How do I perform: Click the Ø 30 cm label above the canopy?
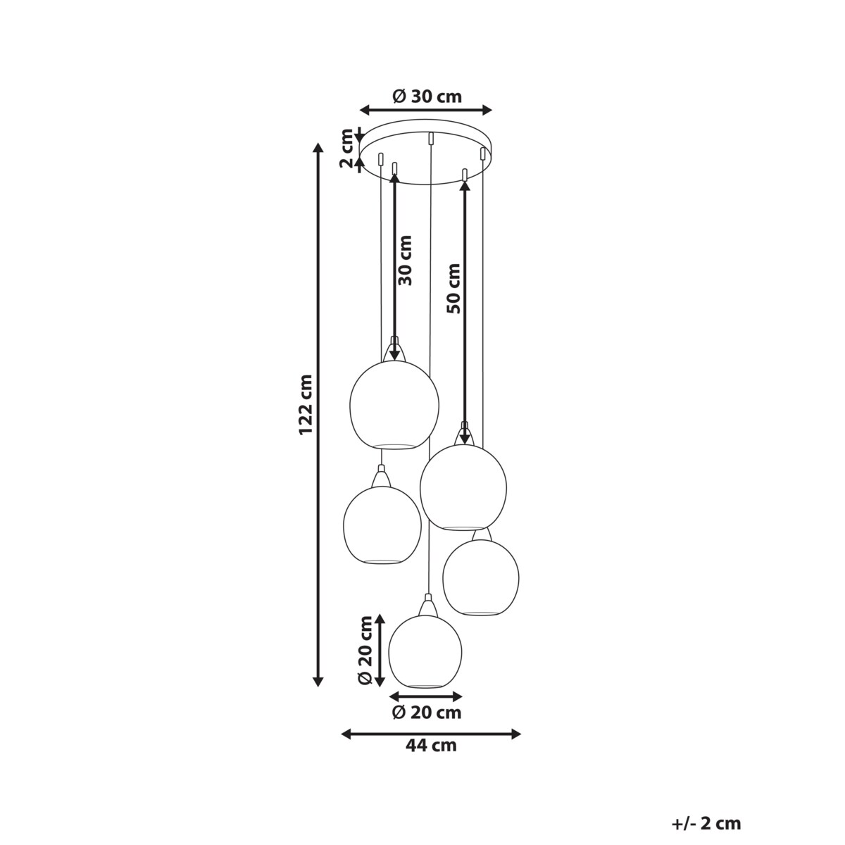[427, 96]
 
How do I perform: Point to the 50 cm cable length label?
[454, 288]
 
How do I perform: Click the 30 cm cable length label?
[406, 261]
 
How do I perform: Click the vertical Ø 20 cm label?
[365, 656]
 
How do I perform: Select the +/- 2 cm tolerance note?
[706, 799]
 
